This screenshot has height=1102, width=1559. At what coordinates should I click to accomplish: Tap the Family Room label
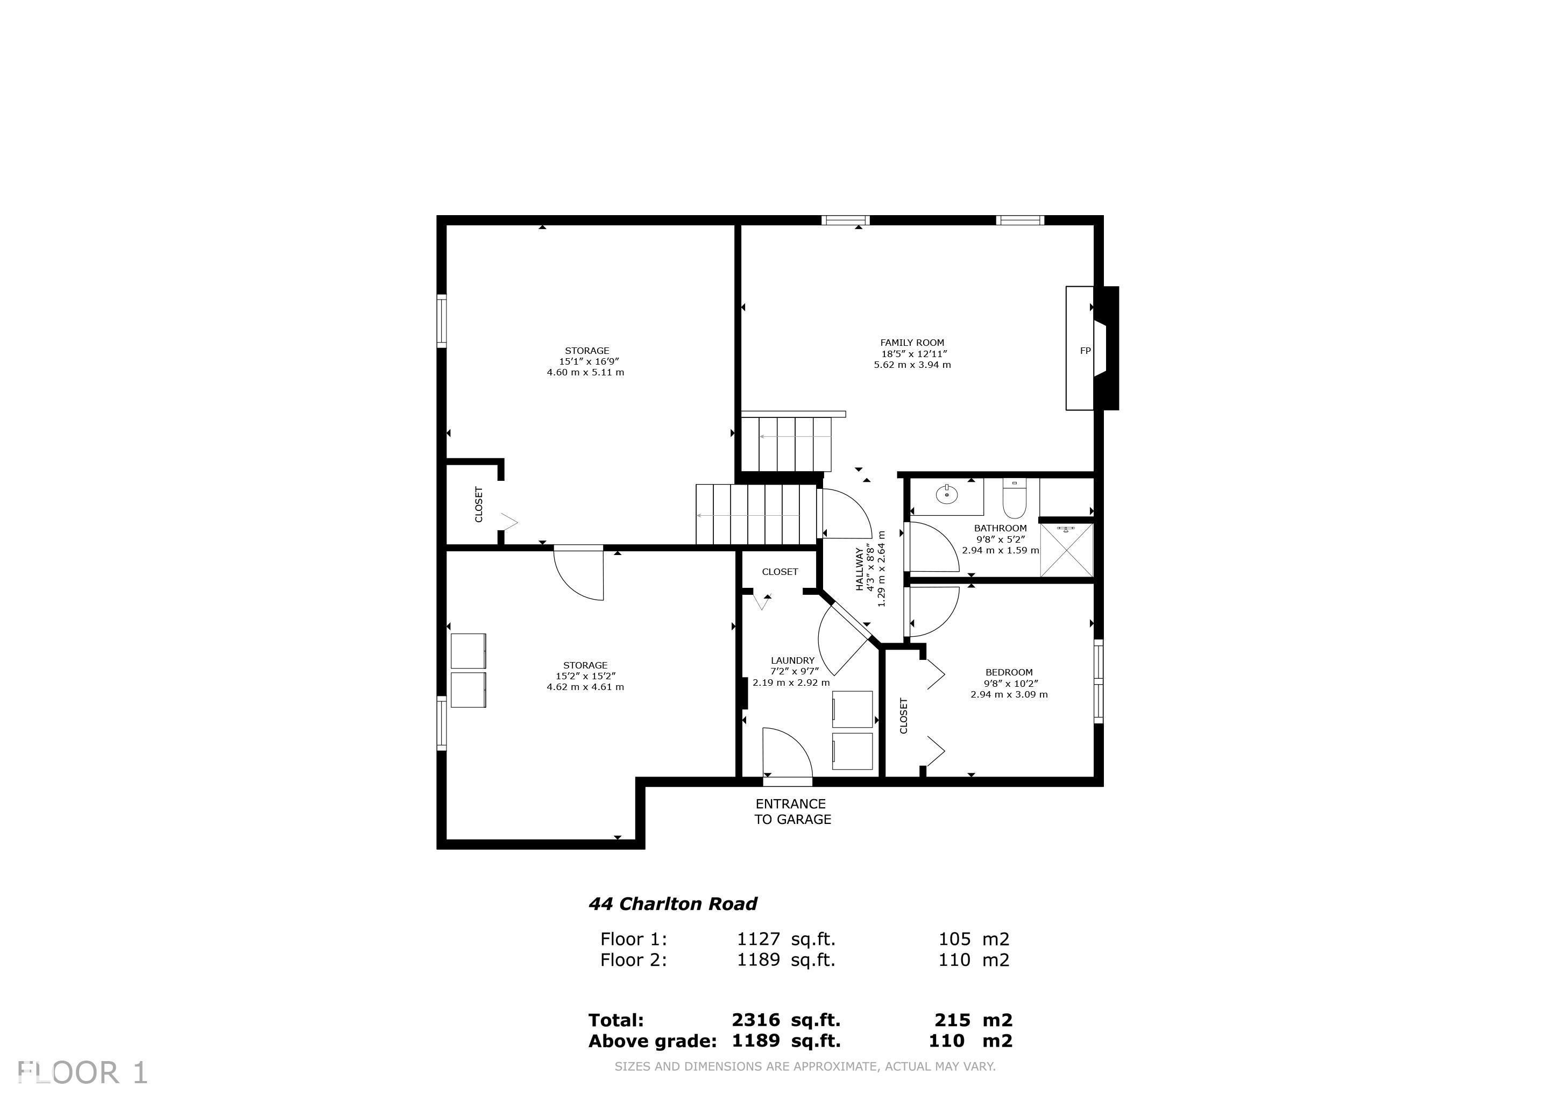point(912,343)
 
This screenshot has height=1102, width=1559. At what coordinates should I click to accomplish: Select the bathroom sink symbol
point(947,494)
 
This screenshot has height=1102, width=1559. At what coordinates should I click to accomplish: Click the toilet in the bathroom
point(1015,499)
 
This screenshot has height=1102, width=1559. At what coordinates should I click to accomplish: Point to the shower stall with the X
point(1067,551)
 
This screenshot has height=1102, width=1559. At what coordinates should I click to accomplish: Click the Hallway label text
point(859,568)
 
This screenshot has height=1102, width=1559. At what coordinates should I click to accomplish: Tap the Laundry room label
point(792,660)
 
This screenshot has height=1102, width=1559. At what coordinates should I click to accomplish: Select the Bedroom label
point(1009,672)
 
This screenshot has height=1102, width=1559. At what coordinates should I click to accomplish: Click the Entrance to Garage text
point(792,812)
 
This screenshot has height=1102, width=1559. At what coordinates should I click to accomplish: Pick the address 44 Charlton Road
point(672,904)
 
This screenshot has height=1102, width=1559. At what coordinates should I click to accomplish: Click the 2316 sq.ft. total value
point(785,1020)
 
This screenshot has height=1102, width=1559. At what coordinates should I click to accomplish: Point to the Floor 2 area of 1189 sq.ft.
point(785,959)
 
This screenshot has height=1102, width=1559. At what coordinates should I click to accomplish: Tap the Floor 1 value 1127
point(759,939)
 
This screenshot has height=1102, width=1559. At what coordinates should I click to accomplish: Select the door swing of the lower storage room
point(578,574)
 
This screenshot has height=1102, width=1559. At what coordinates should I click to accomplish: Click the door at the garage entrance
point(787,752)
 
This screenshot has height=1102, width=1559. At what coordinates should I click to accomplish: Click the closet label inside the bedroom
point(904,716)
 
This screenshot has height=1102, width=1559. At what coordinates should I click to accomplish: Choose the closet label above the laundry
point(779,572)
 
